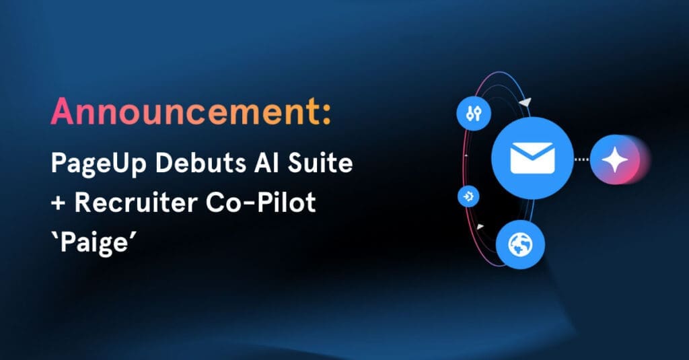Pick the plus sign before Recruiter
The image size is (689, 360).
(59, 203)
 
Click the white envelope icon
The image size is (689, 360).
(532, 159)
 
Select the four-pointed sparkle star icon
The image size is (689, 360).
(614, 159)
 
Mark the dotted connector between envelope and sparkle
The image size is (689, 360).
(583, 159)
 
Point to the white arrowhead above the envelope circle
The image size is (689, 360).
(525, 102)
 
